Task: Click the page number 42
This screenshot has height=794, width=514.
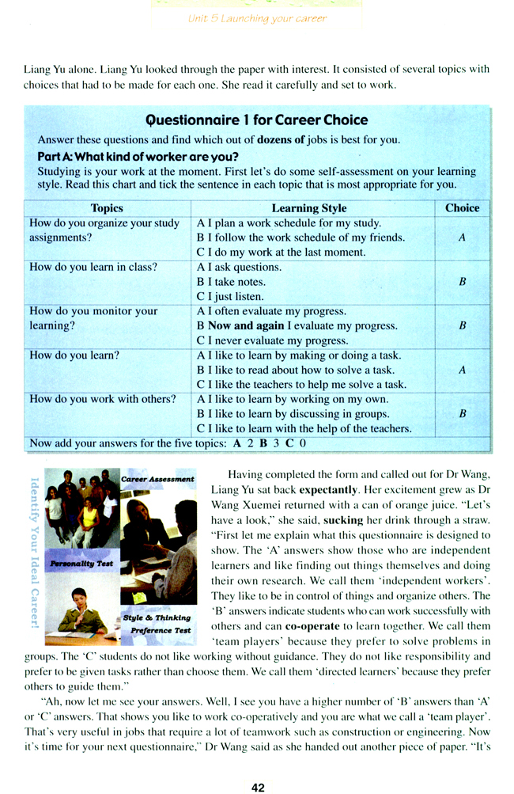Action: tap(257, 766)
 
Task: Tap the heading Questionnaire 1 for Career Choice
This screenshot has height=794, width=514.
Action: tap(258, 120)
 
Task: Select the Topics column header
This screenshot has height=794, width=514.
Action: tap(108, 208)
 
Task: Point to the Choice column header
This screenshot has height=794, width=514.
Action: tap(462, 208)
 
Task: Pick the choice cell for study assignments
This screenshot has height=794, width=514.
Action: tap(462, 237)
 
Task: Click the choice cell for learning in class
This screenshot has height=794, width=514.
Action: tap(462, 282)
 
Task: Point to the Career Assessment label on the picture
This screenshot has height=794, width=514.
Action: tap(157, 479)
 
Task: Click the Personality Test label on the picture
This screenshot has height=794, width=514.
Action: tap(82, 564)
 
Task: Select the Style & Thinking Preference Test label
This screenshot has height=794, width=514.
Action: tap(157, 624)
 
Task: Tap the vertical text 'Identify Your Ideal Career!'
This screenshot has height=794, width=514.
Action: tap(34, 550)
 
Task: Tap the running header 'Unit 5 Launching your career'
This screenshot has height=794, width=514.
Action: tap(257, 19)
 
